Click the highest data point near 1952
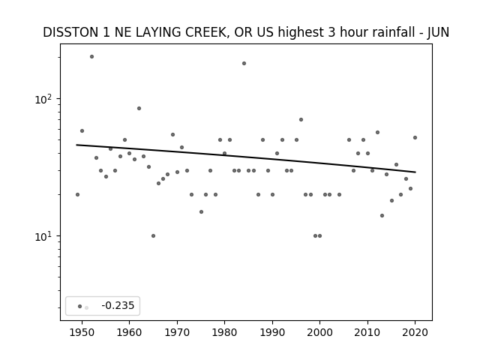91,57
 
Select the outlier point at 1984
244,63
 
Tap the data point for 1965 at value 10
153,235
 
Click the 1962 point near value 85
139,108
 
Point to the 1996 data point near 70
301,120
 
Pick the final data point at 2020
415,138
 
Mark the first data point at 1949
77,195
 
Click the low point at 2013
382,215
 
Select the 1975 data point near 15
201,211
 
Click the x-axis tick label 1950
82,332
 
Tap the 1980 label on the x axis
224,332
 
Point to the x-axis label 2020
415,332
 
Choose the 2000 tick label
320,332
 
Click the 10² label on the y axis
45,100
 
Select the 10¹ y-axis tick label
45,237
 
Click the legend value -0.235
118,305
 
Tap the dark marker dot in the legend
79,306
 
